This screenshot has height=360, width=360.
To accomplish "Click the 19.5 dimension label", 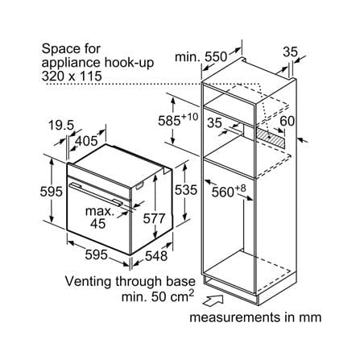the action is [61, 126].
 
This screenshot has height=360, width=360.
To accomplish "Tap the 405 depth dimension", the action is [86, 141].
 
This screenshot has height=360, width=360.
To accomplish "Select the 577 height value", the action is [154, 218].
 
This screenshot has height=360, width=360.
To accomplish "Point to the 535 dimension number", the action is [186, 190].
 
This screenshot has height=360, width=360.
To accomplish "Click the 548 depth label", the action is [156, 256].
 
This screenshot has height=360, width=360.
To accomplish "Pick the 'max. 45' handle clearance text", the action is [100, 217].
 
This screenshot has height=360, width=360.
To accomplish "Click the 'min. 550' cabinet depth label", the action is [201, 57].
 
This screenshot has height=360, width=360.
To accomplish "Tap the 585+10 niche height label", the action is [178, 120].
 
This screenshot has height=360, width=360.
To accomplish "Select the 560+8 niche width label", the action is [229, 191].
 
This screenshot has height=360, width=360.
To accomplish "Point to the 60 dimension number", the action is [287, 121].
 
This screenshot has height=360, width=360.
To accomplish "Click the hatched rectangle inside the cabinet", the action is [270, 137].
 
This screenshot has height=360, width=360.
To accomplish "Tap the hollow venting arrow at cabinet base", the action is [213, 300].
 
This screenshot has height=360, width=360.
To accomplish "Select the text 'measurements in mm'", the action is [255, 317].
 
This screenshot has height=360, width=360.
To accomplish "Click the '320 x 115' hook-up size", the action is [72, 76].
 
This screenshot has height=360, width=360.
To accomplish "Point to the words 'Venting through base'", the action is [130, 281].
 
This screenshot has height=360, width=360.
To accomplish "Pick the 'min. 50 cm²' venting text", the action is [158, 296].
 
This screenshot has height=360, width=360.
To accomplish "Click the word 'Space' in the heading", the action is [57, 49].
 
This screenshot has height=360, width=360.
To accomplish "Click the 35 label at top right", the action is [290, 52].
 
